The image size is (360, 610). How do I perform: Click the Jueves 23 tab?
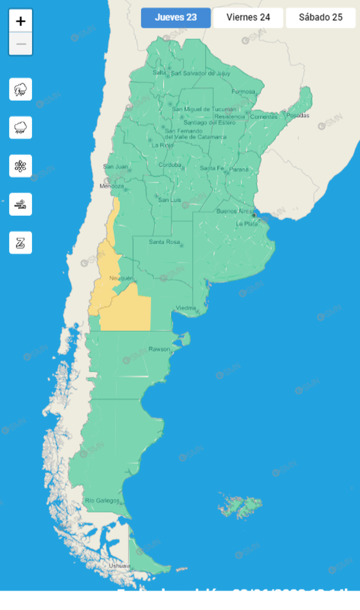[x=176, y=18]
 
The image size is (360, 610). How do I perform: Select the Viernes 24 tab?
[x=248, y=18]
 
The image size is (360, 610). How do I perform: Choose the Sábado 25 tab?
[x=320, y=18]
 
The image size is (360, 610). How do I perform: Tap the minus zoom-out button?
[x=21, y=44]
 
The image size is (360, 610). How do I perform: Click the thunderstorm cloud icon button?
[x=21, y=90]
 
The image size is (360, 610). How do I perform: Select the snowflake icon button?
[x=21, y=166]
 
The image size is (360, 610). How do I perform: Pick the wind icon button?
[x=21, y=204]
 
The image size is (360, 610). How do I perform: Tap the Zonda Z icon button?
[x=21, y=242]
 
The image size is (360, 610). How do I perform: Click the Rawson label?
[x=159, y=349]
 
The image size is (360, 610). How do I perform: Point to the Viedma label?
[x=185, y=308]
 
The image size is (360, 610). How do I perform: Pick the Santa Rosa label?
[x=164, y=242]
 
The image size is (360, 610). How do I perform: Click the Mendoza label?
[x=112, y=186]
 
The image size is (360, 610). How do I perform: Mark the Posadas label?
[x=297, y=116]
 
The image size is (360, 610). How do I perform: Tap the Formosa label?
[x=243, y=91]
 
